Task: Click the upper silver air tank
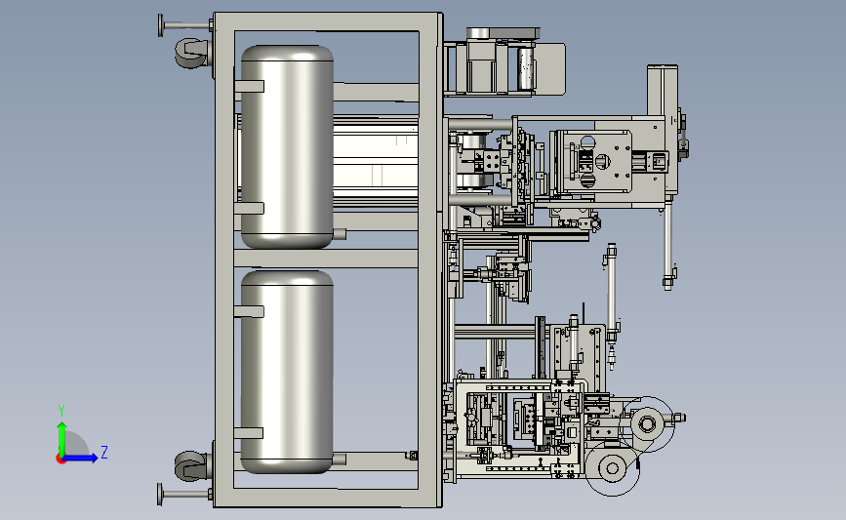tap(287, 146)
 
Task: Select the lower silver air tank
tap(287, 373)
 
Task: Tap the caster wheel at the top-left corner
tap(190, 53)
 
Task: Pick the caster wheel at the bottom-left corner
tap(190, 466)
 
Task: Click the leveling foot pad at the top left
tap(161, 25)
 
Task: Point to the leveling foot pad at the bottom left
tap(160, 494)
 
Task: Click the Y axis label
tap(61, 411)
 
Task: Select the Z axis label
tap(104, 452)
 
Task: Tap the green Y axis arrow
tap(61, 439)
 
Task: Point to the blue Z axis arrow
tap(80, 459)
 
